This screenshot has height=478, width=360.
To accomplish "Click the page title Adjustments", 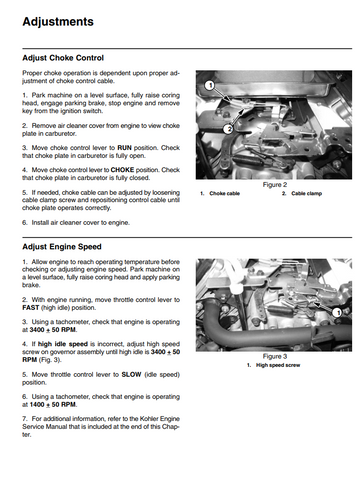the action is point(58,22).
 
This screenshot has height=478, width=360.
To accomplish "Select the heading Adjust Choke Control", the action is point(63,58).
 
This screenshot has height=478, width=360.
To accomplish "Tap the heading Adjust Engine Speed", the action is point(62,247).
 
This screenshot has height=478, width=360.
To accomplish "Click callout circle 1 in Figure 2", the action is point(210,86).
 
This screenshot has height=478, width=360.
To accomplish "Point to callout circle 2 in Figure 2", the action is point(228,129).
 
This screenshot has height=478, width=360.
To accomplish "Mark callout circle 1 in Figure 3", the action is point(337,313).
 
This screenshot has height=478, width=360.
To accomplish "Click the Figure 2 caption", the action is point(275,185).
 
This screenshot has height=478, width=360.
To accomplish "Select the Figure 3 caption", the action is point(275,356).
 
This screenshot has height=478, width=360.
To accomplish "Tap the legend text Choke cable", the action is point(224,193).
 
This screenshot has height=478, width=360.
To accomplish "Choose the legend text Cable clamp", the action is point(306,193).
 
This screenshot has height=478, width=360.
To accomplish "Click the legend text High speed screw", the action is point(278,365).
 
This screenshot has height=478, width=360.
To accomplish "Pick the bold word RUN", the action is point(124,148).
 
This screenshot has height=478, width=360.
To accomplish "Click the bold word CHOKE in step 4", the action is point(122,170).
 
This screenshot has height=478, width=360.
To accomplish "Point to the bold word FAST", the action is point(31,308).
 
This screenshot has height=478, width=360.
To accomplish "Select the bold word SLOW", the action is point(131,375).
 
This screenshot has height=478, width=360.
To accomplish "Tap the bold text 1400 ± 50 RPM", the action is point(53,405).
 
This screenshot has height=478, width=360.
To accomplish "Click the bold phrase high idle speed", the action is point(63,344).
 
